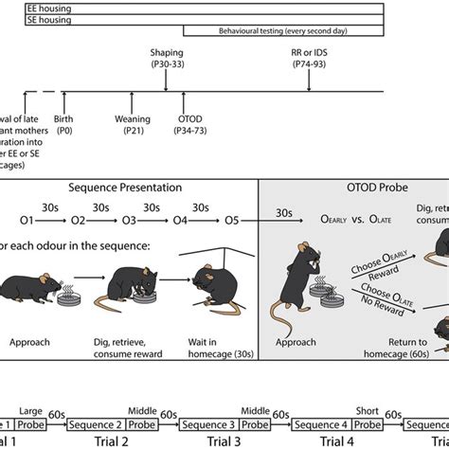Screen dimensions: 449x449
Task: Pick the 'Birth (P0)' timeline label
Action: point(65,124)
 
